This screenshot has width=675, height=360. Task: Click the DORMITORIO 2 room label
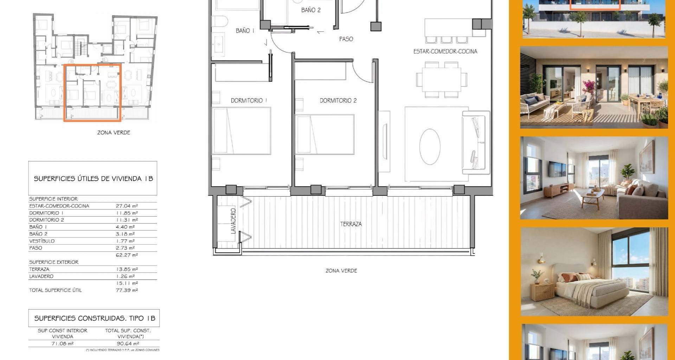point(338,101)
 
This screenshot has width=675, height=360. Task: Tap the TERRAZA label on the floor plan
point(351,224)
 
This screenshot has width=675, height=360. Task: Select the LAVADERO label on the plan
point(233,221)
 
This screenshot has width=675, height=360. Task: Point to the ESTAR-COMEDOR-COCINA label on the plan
point(445,51)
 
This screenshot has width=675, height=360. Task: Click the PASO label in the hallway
point(346,39)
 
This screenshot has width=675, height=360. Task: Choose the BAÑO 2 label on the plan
point(311,10)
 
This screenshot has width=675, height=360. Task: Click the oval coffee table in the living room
point(430,147)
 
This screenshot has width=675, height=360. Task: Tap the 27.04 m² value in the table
point(127,206)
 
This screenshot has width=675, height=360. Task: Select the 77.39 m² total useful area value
point(127,290)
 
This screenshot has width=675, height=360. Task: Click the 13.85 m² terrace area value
point(127,269)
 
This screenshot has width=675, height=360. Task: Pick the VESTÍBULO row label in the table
point(42,241)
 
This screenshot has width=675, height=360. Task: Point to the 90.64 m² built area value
point(128,344)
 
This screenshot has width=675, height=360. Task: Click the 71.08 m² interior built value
point(63,344)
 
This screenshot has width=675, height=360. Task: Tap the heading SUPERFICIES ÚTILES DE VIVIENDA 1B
point(94,179)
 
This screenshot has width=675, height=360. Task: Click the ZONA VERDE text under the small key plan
point(114,133)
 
